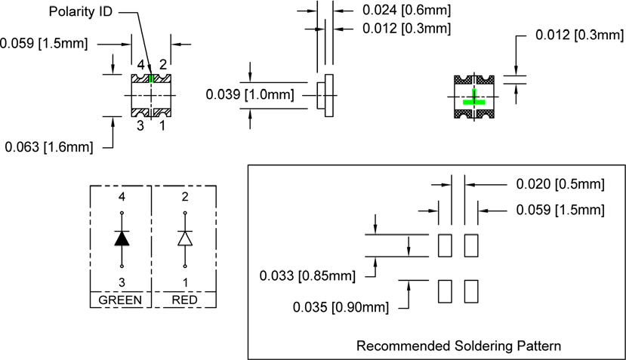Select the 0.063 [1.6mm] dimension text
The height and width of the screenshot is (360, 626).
(x=49, y=147)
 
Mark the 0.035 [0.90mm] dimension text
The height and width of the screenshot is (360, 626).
(x=341, y=307)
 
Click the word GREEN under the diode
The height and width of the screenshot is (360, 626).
(x=121, y=300)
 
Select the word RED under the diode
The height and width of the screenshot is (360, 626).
(x=185, y=300)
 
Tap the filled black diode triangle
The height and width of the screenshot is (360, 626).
(x=122, y=238)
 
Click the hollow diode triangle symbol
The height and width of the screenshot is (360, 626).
(x=185, y=238)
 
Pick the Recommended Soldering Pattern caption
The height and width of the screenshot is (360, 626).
(x=458, y=346)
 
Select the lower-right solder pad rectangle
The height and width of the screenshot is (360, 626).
(x=471, y=291)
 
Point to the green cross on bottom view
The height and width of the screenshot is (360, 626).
(x=475, y=98)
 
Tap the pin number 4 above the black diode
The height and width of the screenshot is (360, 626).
(x=122, y=198)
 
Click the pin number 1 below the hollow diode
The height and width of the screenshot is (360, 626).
(x=185, y=282)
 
